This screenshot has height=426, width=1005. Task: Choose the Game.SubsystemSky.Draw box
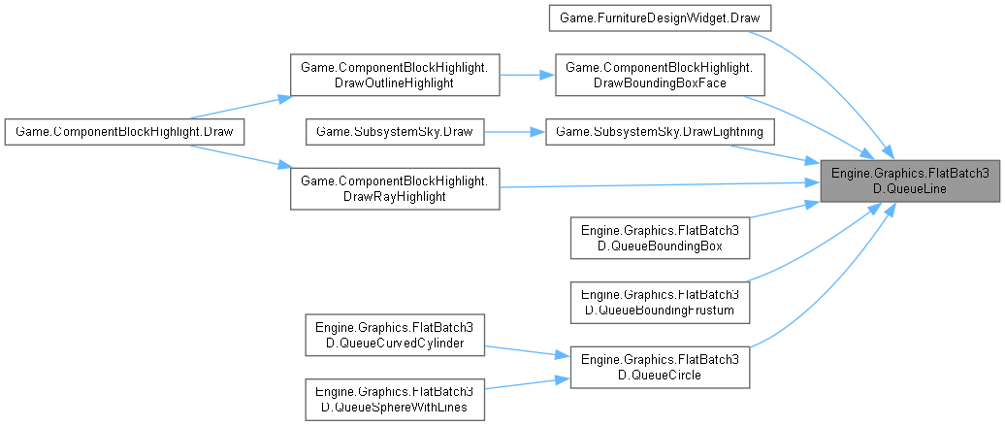[395, 130]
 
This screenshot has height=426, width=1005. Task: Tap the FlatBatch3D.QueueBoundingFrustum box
[660, 300]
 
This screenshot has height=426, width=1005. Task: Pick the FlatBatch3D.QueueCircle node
[660, 365]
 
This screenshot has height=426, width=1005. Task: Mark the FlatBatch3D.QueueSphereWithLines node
[395, 399]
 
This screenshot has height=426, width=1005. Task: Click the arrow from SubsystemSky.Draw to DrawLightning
[514, 130]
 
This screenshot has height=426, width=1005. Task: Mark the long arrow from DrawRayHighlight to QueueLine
[660, 183]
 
